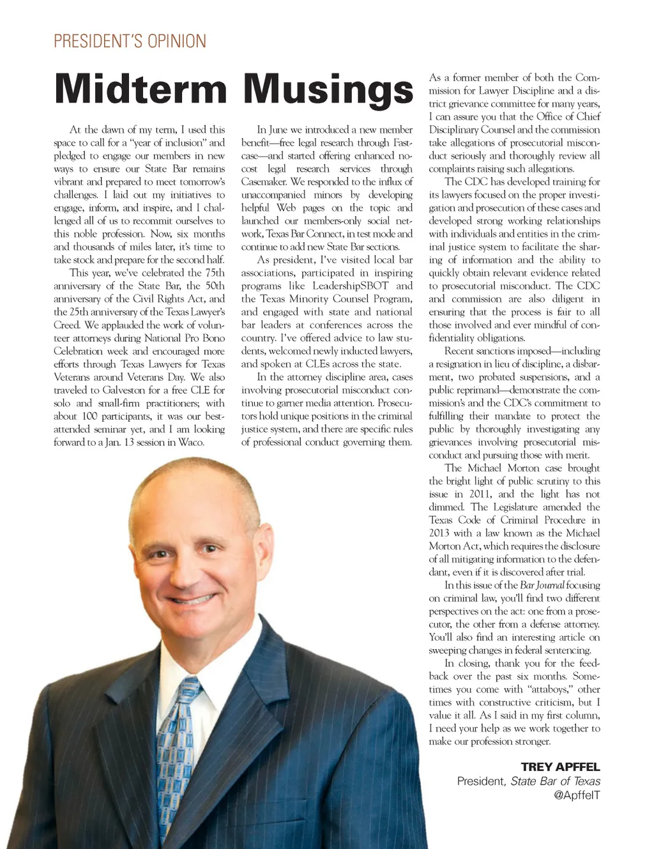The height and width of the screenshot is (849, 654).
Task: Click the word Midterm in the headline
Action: (141, 89)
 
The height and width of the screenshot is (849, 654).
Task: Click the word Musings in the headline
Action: (328, 90)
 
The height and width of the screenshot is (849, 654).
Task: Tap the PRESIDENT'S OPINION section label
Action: (130, 42)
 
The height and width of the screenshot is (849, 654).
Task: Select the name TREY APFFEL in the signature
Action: (560, 767)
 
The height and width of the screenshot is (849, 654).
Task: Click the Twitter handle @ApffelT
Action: (577, 795)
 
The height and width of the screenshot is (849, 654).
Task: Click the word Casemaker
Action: (264, 181)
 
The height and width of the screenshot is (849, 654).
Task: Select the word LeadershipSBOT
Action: (350, 286)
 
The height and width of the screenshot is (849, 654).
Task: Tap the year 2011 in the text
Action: (480, 494)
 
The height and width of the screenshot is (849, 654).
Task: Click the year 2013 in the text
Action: (439, 533)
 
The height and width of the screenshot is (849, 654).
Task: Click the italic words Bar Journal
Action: (542, 585)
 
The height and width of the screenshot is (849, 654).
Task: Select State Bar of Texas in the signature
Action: (555, 781)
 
